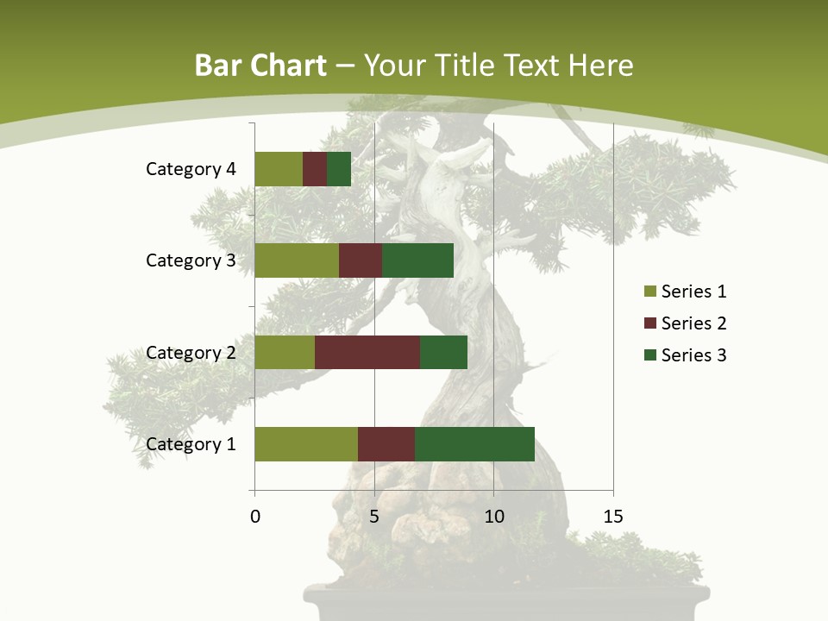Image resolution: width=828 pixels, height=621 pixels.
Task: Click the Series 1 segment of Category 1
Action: [x=306, y=444]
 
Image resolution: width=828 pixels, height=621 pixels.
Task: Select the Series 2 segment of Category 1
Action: [x=386, y=444]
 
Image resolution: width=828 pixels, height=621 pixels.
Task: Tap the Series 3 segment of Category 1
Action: [x=474, y=444]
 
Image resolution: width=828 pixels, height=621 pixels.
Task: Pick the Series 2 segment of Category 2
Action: [x=367, y=352]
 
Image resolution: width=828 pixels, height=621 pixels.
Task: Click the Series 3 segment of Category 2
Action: [x=443, y=352]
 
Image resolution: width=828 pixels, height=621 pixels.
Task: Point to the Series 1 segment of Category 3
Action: [x=297, y=260]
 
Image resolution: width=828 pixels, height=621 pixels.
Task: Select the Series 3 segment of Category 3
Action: [x=417, y=260]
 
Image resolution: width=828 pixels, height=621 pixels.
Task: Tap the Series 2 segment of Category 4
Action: [x=315, y=169]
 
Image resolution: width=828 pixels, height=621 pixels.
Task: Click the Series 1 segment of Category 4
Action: [x=279, y=169]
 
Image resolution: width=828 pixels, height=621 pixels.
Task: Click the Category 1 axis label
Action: [x=190, y=444]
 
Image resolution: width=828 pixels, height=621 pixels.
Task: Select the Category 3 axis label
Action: [x=190, y=260]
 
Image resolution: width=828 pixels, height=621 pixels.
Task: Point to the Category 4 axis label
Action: [x=190, y=169]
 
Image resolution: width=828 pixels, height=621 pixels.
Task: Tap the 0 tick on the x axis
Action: [x=255, y=517]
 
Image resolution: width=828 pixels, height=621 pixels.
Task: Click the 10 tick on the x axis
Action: [x=493, y=517]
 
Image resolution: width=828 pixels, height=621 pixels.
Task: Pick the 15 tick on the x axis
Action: [x=612, y=517]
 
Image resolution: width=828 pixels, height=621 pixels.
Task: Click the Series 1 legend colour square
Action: [x=649, y=292]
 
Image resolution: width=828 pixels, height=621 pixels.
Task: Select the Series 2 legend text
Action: [x=693, y=323]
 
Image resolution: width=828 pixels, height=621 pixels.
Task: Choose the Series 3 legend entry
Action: [x=685, y=355]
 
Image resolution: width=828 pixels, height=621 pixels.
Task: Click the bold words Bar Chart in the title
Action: [x=260, y=66]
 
